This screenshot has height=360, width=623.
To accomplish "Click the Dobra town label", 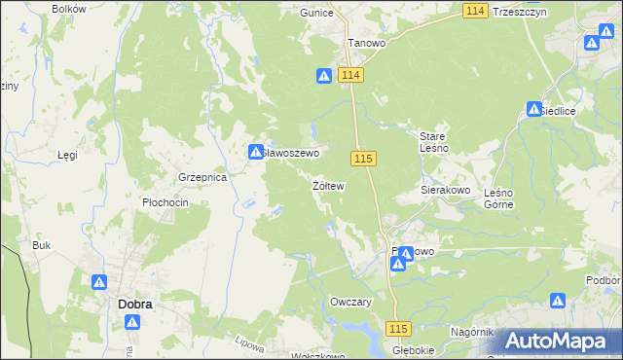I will point(134,304).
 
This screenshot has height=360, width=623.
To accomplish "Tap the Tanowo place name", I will point(368,44).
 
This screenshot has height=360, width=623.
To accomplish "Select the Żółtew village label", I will point(328,185).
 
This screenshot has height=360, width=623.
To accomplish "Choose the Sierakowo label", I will point(446,191).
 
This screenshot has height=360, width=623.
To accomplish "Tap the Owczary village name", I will point(352,302).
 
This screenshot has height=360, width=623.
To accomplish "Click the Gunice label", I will point(317,14).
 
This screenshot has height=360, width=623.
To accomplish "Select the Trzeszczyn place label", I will point(520,12).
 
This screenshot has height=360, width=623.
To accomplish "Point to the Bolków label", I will point(68,9).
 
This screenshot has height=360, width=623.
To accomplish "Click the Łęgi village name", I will point(67,155).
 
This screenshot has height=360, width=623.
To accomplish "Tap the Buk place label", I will point(41,245).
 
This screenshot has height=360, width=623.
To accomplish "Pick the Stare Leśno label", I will point(433,142).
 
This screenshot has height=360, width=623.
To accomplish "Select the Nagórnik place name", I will point(473,332).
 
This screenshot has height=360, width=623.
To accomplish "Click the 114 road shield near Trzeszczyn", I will point(474,10).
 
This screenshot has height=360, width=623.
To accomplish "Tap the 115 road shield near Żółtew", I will point(365,159).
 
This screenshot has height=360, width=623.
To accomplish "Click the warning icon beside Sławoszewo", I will point(254,151).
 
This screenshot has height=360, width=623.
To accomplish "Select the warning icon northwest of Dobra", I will point(100,282).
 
